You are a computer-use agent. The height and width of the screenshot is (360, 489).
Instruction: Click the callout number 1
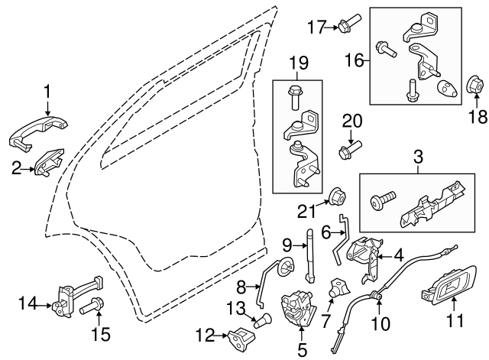pos(47,92)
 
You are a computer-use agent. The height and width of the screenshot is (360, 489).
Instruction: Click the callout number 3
pos(418,158)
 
